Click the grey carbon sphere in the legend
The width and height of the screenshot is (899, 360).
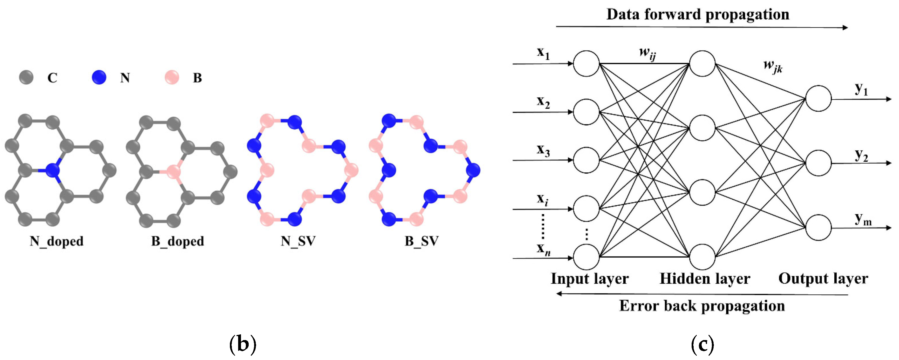pyautogui.click(x=26, y=77)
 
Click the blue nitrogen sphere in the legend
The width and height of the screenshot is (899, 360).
pyautogui.click(x=99, y=77)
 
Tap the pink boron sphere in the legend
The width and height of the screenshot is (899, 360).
pyautogui.click(x=172, y=77)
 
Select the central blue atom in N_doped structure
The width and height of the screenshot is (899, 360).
pyautogui.click(x=53, y=171)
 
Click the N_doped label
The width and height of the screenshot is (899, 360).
pyautogui.click(x=56, y=241)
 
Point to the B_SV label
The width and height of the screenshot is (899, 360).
pyautogui.click(x=422, y=241)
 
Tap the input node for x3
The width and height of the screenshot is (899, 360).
pyautogui.click(x=586, y=160)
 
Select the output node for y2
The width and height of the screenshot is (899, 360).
pyautogui.click(x=818, y=163)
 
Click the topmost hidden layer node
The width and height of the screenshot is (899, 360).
pyautogui.click(x=702, y=64)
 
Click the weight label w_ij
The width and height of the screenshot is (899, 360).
pyautogui.click(x=647, y=53)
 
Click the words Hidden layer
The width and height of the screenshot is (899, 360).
pyautogui.click(x=705, y=279)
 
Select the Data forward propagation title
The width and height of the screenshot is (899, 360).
pyautogui.click(x=698, y=14)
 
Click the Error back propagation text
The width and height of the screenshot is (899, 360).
pyautogui.click(x=702, y=306)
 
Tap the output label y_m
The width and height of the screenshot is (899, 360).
pyautogui.click(x=863, y=219)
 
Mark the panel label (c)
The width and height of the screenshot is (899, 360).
pyautogui.click(x=702, y=345)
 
